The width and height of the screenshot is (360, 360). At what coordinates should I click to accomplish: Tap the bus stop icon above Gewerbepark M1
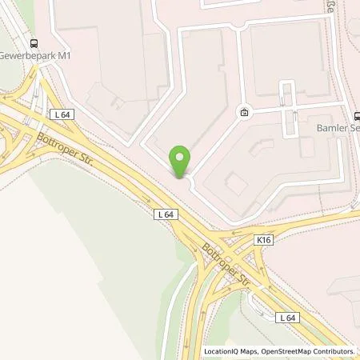pyautogui.click(x=34, y=44)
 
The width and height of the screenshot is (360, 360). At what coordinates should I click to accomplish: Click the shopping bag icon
pyautogui.click(x=244, y=114)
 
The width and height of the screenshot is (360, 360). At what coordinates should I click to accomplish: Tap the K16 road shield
pyautogui.click(x=264, y=239)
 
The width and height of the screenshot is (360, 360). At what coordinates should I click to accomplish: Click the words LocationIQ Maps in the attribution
pyautogui.click(x=229, y=351)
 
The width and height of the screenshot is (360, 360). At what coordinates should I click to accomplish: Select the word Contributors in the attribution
pyautogui.click(x=334, y=351)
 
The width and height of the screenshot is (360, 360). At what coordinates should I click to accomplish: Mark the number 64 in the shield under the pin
pyautogui.click(x=169, y=214)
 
